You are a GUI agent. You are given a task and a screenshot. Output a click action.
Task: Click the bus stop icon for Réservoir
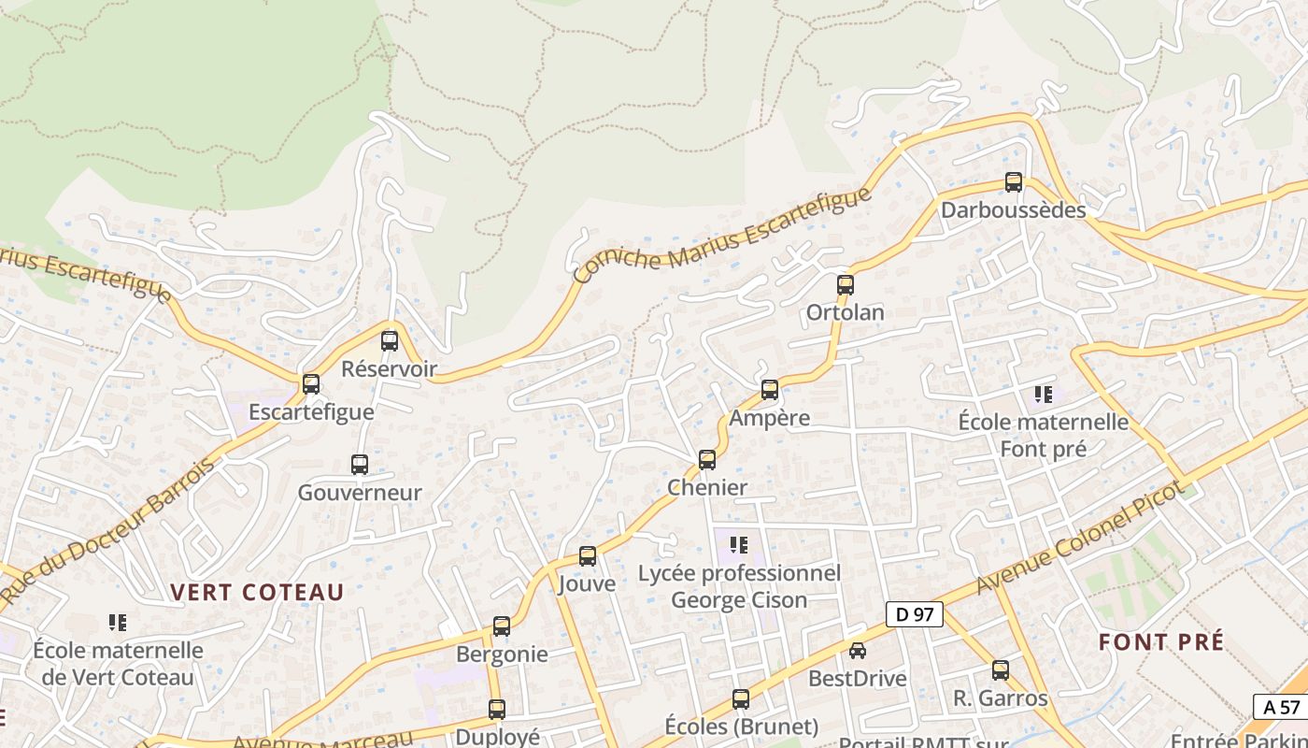[x=390, y=341]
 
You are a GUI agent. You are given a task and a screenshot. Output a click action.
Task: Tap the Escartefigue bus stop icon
[x=311, y=384]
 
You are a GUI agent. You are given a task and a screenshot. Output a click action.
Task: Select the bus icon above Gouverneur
[x=359, y=465]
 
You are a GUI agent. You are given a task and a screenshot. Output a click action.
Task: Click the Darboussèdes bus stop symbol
[x=1014, y=182]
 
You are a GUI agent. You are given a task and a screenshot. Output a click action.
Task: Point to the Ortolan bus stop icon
[x=846, y=285]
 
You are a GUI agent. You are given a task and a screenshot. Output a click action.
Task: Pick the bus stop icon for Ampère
[x=770, y=390]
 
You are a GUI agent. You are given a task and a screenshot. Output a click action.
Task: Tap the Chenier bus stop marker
[x=707, y=460]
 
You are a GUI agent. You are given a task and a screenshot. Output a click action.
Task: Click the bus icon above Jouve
[x=588, y=556]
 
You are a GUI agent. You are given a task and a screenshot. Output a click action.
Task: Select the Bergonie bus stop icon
[x=502, y=626]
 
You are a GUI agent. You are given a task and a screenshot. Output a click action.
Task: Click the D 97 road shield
[x=915, y=614]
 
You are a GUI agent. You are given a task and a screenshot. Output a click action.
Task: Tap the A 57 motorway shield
[x=1281, y=707]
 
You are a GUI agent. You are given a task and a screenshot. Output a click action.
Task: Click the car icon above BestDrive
[x=858, y=651]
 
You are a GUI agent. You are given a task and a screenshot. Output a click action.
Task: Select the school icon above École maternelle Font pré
[x=1044, y=395]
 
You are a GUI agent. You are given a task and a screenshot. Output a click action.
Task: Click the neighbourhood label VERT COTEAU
[x=257, y=592]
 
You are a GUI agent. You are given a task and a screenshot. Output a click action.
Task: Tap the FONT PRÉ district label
[x=1160, y=642]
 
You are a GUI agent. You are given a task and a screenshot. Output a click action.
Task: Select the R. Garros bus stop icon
[x=1001, y=670]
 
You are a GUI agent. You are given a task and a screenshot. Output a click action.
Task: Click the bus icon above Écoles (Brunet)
[x=741, y=698]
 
